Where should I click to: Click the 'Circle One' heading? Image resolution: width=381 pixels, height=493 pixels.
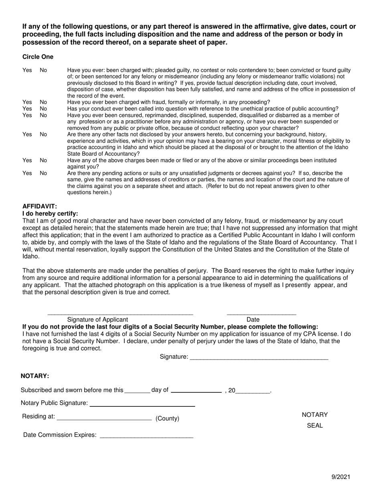coord(38,57)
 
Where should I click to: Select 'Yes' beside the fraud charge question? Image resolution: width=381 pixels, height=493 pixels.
coord(27,102)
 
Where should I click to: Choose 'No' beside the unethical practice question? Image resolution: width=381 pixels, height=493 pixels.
coord(43,109)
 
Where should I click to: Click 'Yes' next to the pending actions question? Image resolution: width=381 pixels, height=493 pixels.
coord(27,173)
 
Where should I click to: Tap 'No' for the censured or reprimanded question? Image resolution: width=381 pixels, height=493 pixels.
coord(43,115)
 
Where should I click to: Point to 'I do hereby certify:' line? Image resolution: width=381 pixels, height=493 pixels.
coord(50,214)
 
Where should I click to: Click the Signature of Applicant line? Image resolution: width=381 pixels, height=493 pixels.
coord(120,313)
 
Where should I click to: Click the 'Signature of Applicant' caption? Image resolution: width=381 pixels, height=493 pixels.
coord(97,319)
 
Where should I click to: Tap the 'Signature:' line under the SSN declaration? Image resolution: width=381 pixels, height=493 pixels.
coord(259,358)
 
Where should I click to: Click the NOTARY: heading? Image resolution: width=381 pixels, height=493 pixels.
coord(35,376)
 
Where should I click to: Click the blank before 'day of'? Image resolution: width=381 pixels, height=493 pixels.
coord(138,392)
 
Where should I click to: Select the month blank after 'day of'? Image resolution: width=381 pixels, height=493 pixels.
coord(196,391)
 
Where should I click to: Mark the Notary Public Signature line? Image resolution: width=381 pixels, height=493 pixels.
coord(142,405)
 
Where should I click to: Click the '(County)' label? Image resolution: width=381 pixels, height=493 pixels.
coord(167,418)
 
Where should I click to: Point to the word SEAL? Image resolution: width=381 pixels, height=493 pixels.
coord(314,426)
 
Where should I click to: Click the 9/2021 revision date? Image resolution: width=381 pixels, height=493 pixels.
coord(341,477)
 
